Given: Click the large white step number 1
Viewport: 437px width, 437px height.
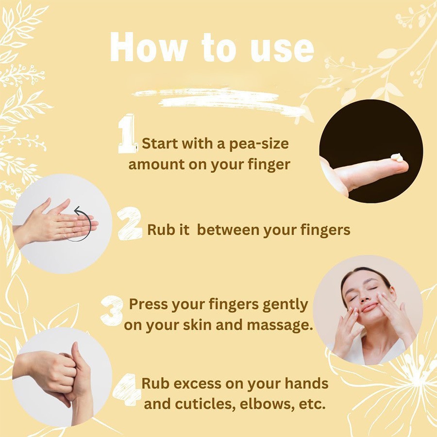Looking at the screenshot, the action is pyautogui.click(x=127, y=134).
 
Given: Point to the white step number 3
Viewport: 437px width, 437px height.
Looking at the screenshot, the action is pyautogui.click(x=112, y=310).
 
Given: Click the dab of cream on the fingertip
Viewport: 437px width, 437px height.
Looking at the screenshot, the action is pyautogui.click(x=397, y=157).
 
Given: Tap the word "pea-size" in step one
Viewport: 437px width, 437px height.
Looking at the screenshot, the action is pyautogui.click(x=259, y=144).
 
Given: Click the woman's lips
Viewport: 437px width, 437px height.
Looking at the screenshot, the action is pyautogui.click(x=370, y=308).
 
